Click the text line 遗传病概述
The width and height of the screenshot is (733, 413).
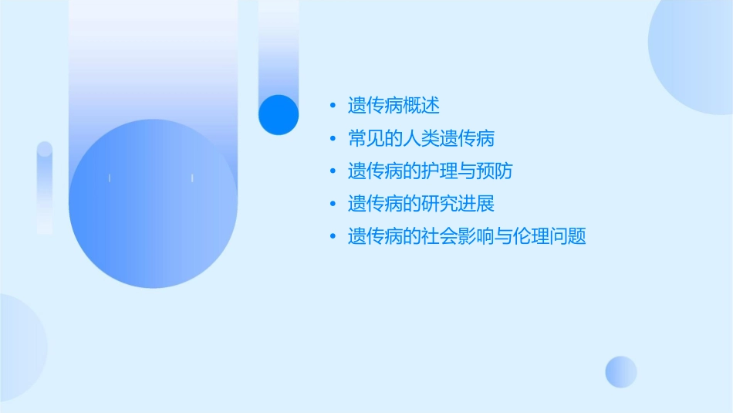coord(394,106)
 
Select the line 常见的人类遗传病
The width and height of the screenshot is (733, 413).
coord(421,139)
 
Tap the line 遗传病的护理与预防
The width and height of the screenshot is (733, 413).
coord(430,171)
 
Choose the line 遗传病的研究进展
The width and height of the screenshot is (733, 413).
coord(421,204)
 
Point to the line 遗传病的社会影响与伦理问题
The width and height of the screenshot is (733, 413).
coord(467,236)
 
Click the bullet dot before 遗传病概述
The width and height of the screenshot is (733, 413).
coord(333,106)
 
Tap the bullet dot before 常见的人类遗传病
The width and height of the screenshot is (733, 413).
coord(333,139)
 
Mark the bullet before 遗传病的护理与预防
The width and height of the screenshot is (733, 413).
coord(333,171)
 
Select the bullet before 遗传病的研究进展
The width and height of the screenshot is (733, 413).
coord(333,204)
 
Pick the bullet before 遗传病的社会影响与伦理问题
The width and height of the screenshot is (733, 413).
coord(333,236)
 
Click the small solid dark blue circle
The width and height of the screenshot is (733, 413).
coord(278,114)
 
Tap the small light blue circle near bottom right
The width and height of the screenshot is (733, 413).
coord(621,371)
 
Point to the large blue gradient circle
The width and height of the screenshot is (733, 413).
coord(153,203)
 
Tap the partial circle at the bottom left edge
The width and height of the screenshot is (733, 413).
coord(19,347)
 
